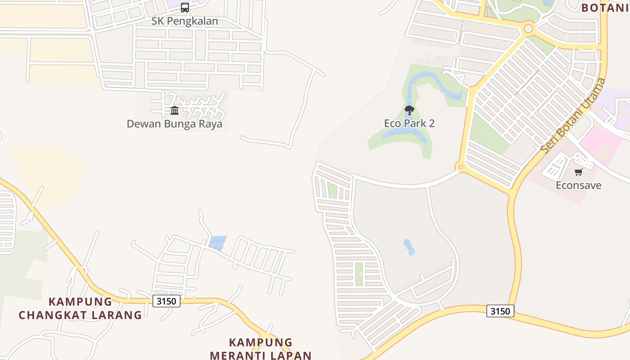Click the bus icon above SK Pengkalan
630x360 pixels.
tap(185, 7)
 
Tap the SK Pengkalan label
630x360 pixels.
tap(184, 21)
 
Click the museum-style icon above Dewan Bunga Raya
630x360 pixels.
tap(175, 110)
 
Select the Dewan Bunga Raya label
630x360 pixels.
tap(175, 124)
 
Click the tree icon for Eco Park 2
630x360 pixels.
tap(409, 110)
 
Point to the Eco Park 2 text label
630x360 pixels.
tap(409, 123)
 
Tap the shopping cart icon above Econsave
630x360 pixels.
tap(579, 172)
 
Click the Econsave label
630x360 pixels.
tap(579, 185)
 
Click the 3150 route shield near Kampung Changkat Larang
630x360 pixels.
tap(166, 301)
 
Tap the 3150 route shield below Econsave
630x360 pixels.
tap(500, 311)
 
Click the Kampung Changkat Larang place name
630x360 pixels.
tap(81, 308)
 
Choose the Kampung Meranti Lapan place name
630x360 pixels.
tap(261, 349)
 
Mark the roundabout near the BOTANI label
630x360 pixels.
tap(528, 29)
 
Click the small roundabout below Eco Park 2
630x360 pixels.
tap(460, 167)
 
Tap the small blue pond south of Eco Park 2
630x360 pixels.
tap(409, 247)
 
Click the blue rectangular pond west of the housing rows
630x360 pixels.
tap(217, 243)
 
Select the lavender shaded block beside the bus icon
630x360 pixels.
tap(173, 4)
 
